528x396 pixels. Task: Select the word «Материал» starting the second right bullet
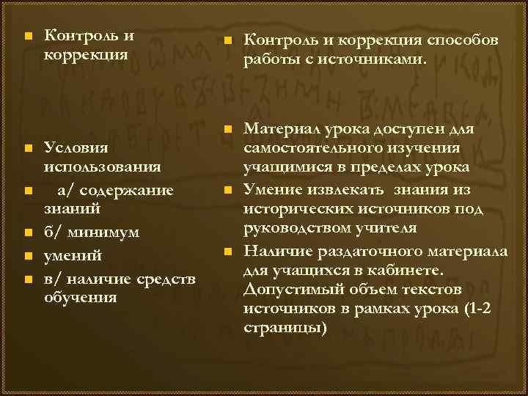(282, 130)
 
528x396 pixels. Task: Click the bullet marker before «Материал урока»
(228, 130)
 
